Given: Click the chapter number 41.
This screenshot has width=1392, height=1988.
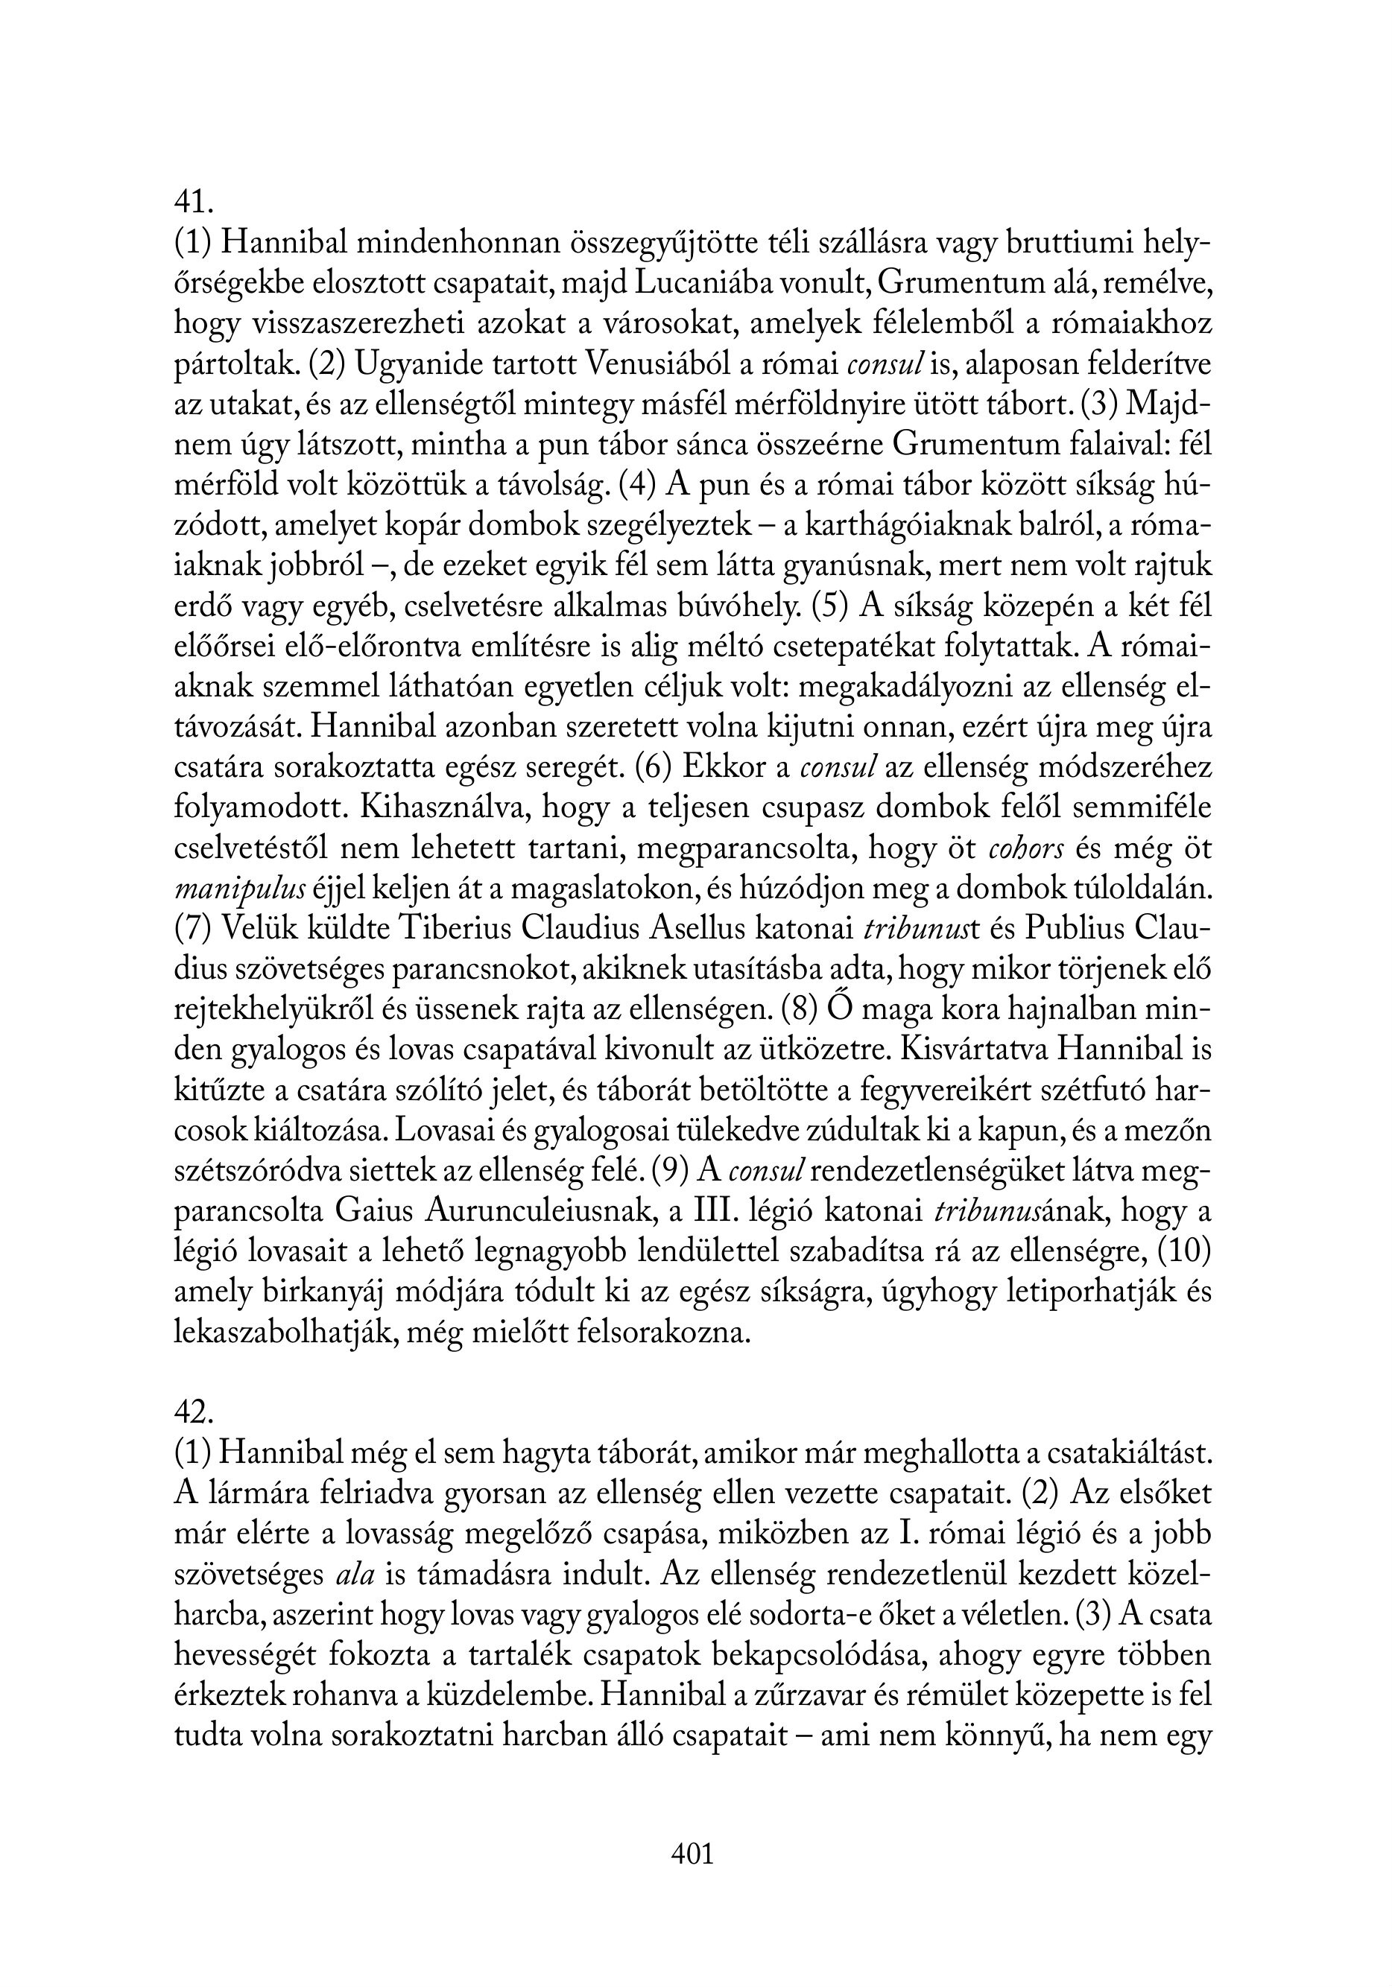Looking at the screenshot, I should (x=192, y=203).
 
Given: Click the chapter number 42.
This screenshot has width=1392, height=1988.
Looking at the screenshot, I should (x=193, y=1412).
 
